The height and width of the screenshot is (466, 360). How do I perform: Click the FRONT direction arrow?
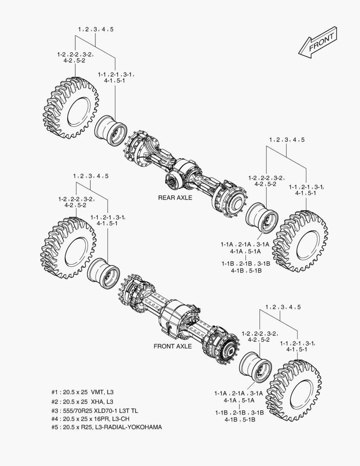click(317, 41)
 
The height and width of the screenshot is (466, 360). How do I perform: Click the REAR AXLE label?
click(175, 198)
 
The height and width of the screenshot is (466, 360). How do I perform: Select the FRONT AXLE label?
click(172, 346)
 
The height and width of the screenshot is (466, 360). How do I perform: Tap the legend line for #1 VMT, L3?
click(83, 392)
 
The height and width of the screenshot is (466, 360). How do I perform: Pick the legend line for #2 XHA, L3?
click(82, 402)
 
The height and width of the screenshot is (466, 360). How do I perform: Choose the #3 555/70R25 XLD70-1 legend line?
click(94, 411)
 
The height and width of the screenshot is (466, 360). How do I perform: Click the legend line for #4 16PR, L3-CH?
click(90, 419)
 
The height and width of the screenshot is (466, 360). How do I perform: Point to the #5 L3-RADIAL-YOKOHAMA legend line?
click(106, 427)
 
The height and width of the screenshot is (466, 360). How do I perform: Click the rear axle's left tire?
click(71, 108)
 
